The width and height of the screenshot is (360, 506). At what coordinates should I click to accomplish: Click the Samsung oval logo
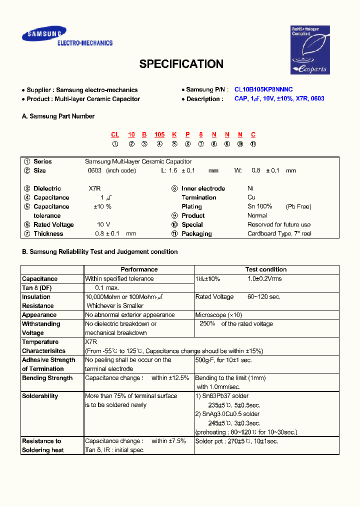pyautogui.click(x=43, y=34)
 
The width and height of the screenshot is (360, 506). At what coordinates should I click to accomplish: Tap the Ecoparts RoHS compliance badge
pyautogui.click(x=310, y=50)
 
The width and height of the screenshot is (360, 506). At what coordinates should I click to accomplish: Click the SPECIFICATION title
pyautogui.click(x=181, y=64)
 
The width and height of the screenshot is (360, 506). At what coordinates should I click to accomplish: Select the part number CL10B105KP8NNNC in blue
pyautogui.click(x=263, y=89)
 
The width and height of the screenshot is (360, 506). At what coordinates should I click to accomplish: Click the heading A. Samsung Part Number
pyautogui.click(x=58, y=116)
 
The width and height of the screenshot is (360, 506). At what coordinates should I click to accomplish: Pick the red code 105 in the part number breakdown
pyautogui.click(x=159, y=134)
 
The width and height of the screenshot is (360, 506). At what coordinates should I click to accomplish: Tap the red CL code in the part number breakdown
pyautogui.click(x=115, y=134)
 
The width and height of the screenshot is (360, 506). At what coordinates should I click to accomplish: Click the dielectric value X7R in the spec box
pyautogui.click(x=95, y=189)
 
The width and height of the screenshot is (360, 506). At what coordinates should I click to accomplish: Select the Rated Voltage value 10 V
pyautogui.click(x=103, y=225)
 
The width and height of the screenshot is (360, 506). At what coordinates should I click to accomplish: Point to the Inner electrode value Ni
pyautogui.click(x=250, y=189)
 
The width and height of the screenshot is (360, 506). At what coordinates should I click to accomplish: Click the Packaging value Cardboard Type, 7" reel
pyautogui.click(x=279, y=234)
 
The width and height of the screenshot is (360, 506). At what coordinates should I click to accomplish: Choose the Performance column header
pyautogui.click(x=139, y=269)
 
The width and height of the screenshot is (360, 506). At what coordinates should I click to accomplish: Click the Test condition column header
pyautogui.click(x=266, y=269)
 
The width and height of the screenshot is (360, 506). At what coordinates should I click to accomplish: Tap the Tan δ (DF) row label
pyautogui.click(x=36, y=288)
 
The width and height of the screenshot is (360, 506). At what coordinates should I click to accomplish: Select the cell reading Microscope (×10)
pyautogui.click(x=218, y=315)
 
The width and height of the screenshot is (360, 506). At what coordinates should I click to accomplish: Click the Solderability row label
pyautogui.click(x=40, y=396)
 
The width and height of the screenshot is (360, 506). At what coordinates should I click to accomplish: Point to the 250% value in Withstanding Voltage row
pyautogui.click(x=207, y=324)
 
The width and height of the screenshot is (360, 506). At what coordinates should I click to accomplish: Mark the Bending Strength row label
pyautogui.click(x=47, y=378)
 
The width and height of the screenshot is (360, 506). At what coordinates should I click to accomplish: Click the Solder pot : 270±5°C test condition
pyautogui.click(x=236, y=441)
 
